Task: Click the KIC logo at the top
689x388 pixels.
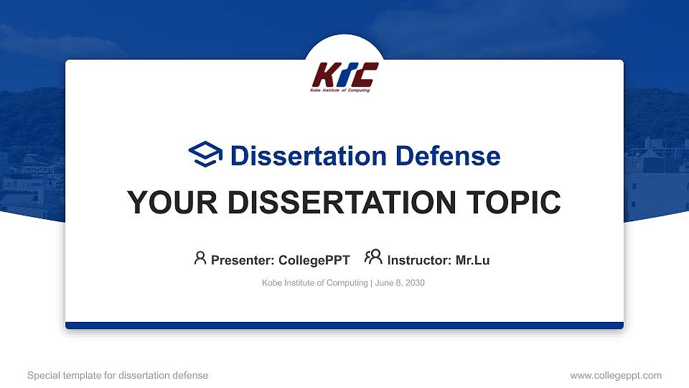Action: coord(344,75)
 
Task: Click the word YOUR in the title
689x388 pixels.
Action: coord(164,203)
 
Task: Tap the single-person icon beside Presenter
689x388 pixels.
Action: coord(200,258)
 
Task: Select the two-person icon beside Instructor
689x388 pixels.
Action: coord(373,258)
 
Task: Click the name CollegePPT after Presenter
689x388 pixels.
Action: coord(314,260)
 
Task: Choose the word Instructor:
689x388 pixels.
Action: coord(419,260)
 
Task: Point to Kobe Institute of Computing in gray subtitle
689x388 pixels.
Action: coord(315,283)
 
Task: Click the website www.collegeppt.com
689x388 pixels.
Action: coord(615,375)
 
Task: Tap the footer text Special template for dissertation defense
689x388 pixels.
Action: coord(118,375)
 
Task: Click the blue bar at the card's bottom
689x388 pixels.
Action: coord(344,325)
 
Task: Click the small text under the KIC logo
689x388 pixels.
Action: coord(340,91)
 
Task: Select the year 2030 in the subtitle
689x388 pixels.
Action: coord(415,283)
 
